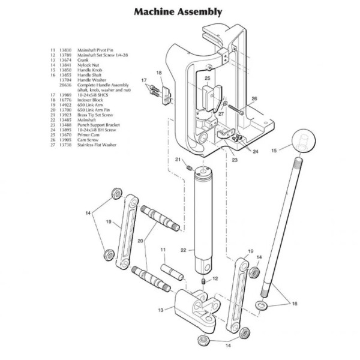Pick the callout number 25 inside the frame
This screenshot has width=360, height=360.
coord(207,77)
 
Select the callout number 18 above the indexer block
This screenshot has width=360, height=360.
coord(159,73)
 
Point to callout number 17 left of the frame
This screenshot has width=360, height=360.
coord(144,80)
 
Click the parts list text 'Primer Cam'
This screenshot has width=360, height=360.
coord(84,135)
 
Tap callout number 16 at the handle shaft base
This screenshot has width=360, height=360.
coord(294,304)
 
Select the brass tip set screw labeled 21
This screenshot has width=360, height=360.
coord(187,167)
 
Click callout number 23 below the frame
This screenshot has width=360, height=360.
coord(235,160)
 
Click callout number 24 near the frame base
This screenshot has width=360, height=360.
coord(256,151)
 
